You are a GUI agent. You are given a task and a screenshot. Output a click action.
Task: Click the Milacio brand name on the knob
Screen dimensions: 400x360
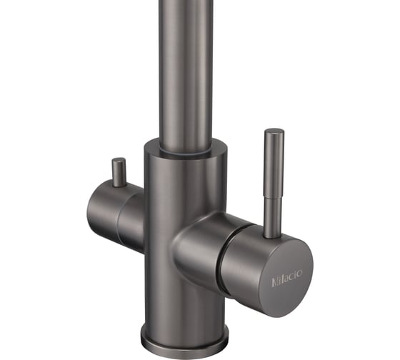(287, 279)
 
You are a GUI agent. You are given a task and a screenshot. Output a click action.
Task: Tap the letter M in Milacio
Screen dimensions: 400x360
(275, 282)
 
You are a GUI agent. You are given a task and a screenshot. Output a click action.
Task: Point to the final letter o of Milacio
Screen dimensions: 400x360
(300, 274)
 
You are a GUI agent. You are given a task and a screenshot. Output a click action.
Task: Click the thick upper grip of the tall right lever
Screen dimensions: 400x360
(274, 164)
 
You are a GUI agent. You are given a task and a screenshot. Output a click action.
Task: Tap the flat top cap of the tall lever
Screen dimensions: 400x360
(274, 131)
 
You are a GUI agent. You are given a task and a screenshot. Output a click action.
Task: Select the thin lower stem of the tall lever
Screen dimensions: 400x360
(273, 218)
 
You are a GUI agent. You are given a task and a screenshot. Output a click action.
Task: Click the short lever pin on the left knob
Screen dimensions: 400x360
(119, 172)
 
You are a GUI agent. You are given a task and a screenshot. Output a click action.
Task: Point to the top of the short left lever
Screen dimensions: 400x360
(119, 160)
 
